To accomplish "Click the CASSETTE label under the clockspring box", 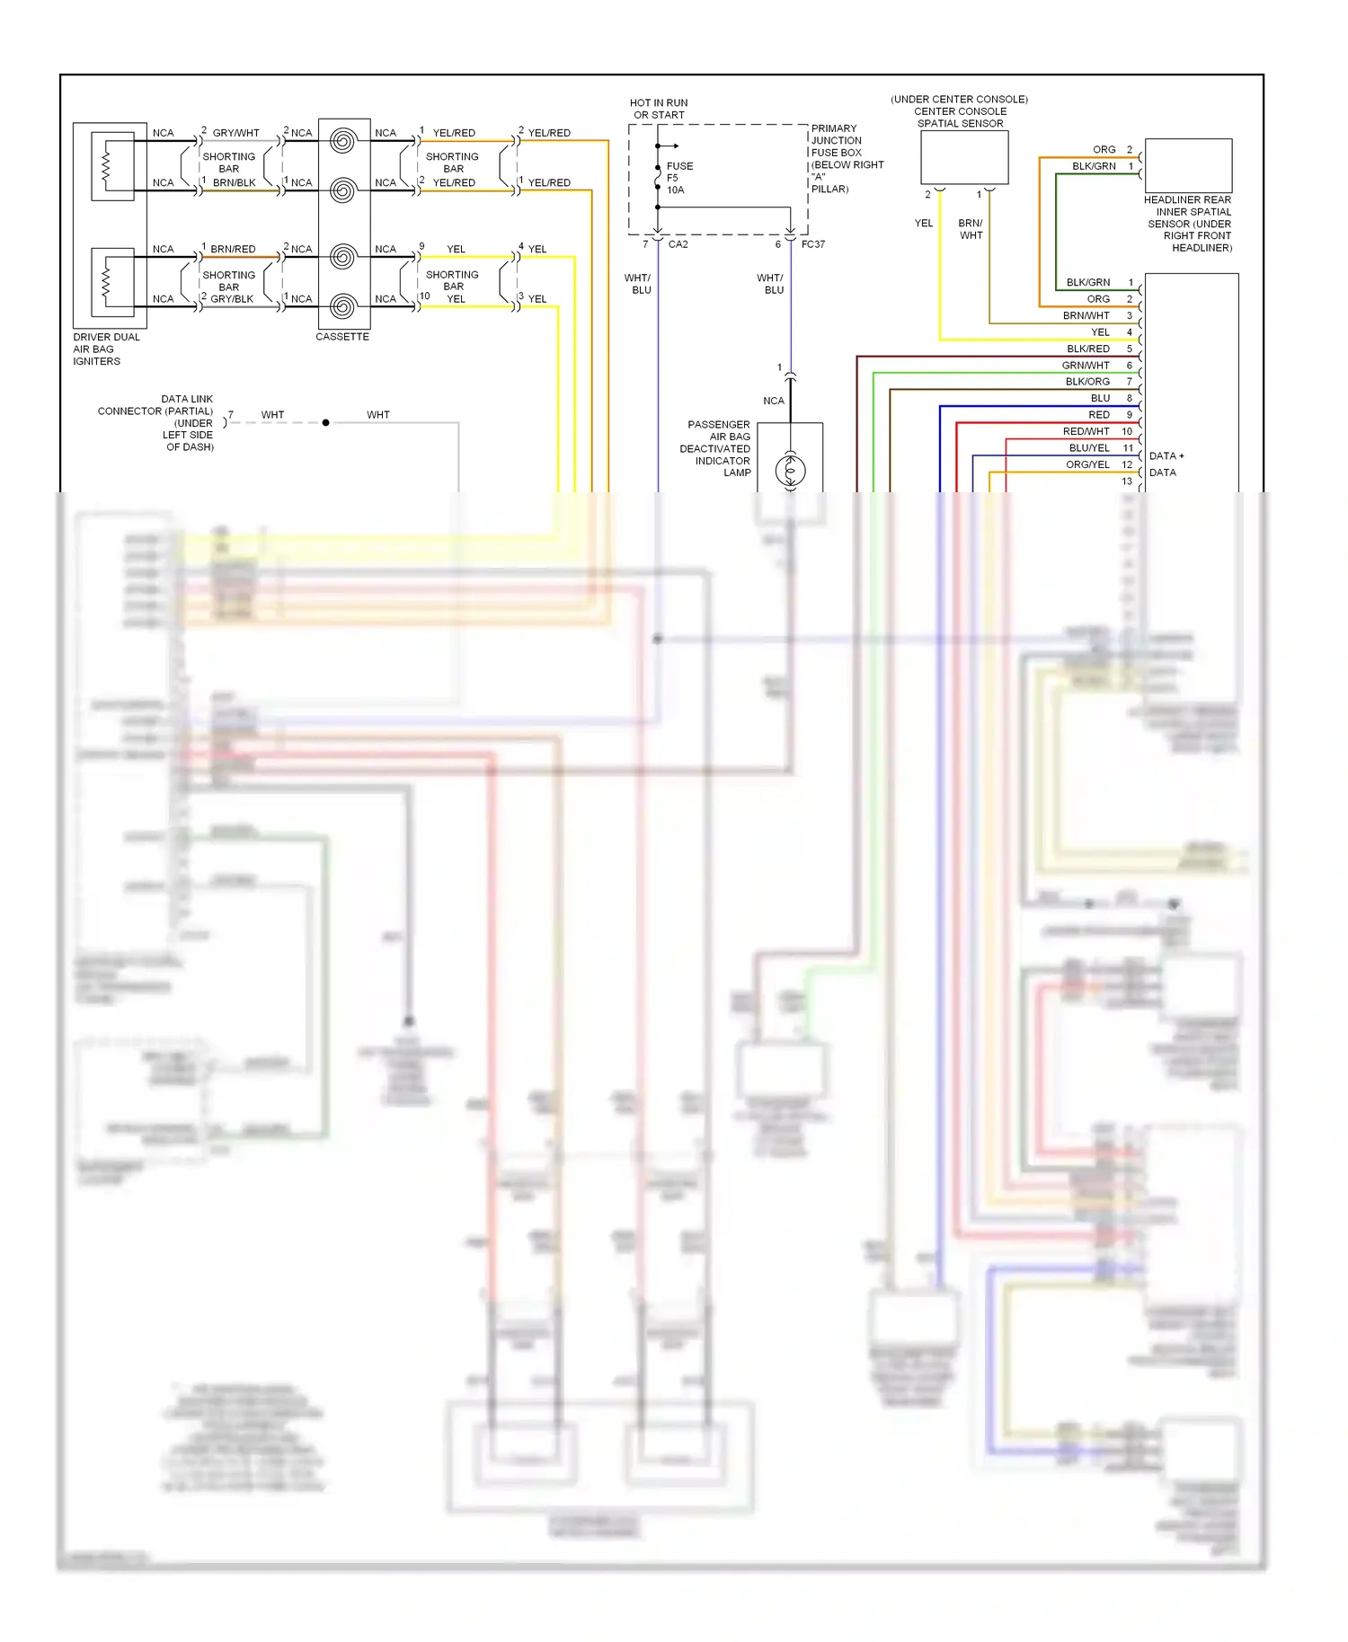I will (x=342, y=337).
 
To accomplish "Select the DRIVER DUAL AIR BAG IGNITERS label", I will (x=105, y=349).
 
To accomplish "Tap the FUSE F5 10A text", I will (x=679, y=178).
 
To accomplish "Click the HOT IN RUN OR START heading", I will (x=659, y=109).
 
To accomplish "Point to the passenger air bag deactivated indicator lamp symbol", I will (x=791, y=470).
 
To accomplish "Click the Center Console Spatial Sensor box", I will (x=964, y=158).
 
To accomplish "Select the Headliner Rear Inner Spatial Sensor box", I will (x=1187, y=164).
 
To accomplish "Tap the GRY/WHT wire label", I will (x=235, y=133).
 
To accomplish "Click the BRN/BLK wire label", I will (x=234, y=182).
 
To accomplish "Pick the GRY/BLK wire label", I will (x=232, y=299).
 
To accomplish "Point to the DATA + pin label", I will (x=1166, y=456).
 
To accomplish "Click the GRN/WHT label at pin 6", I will (x=1086, y=366).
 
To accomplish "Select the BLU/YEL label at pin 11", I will (x=1089, y=448).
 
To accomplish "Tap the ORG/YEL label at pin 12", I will (x=1087, y=464).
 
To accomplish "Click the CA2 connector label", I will (x=678, y=244).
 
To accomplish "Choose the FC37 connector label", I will (x=812, y=244).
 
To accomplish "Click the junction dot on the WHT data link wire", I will (x=325, y=422).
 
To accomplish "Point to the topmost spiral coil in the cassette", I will (x=342, y=141).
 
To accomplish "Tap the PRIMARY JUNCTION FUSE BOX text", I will (x=836, y=141).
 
